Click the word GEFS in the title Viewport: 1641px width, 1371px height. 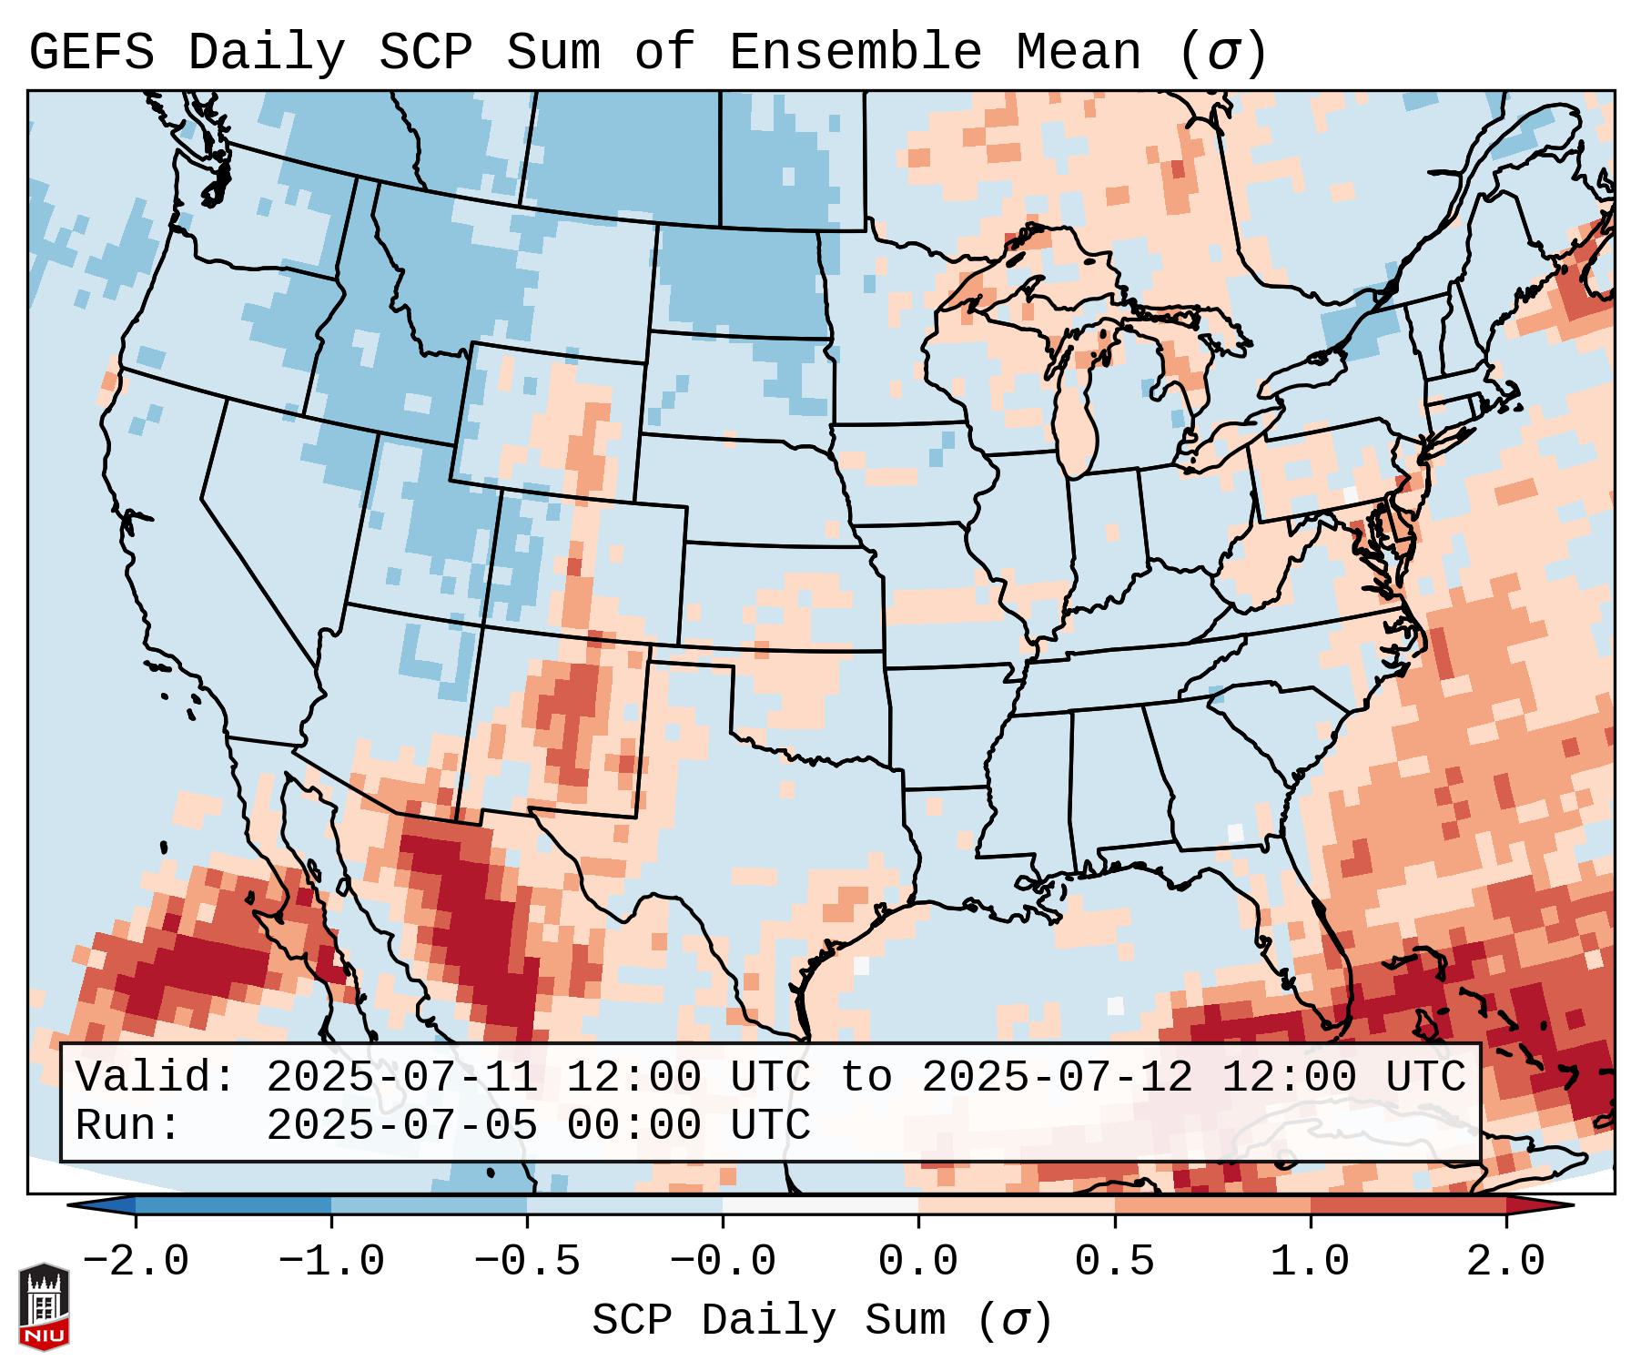pyautogui.click(x=91, y=53)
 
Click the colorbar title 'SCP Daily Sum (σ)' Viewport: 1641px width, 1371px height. pyautogui.click(x=822, y=1321)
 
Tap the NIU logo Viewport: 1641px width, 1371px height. pyautogui.click(x=44, y=1306)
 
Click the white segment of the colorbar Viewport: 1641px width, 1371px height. pyautogui.click(x=820, y=1205)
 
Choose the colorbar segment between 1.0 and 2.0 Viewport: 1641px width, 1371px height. pyautogui.click(x=1408, y=1205)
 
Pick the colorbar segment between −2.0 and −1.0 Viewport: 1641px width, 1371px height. pyautogui.click(x=233, y=1205)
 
